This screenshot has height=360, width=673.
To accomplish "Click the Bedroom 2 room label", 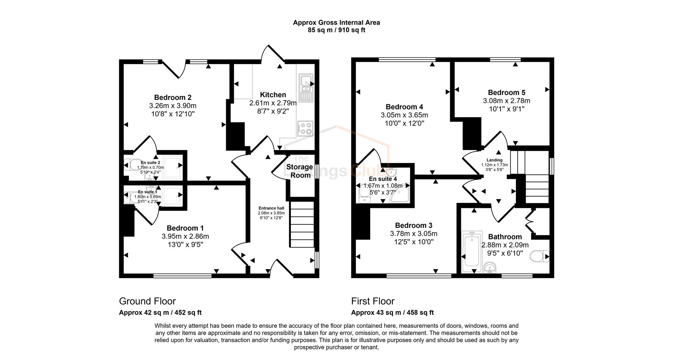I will coord(172,97).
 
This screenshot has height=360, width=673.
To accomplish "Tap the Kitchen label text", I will coord(273,95).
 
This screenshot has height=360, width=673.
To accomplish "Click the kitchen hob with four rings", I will coord(305,128).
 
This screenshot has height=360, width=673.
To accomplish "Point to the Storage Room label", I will coord(299,171).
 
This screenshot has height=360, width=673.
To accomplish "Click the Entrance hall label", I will coord(271,208).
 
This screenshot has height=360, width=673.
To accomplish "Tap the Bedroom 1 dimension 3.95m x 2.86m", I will coord(185,236).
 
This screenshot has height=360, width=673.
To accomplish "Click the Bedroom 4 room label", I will coord(404,107).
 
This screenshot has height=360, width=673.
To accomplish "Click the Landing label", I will coord(494,160).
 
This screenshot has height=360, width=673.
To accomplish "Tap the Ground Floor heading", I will coord(147,301).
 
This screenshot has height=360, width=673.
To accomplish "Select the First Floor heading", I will coord(373,301).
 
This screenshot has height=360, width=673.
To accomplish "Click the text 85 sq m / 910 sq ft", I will coord(336,30).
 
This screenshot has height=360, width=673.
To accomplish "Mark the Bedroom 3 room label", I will coord(414,225).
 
